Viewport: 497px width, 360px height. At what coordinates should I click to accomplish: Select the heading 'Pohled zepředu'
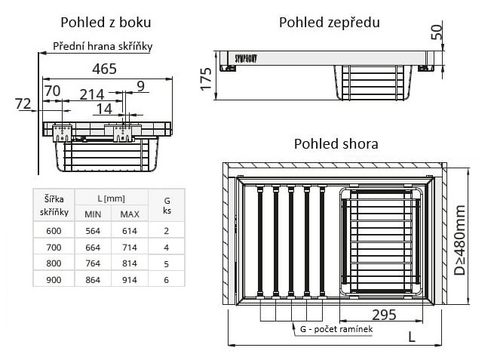pyautogui.click(x=329, y=22)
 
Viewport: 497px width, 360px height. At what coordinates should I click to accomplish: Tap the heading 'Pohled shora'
pyautogui.click(x=336, y=143)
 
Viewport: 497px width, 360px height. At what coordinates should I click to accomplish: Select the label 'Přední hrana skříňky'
pyautogui.click(x=103, y=46)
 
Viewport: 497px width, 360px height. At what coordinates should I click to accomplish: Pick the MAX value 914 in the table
pyautogui.click(x=129, y=279)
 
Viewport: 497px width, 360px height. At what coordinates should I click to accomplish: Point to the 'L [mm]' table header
pyautogui.click(x=110, y=197)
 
